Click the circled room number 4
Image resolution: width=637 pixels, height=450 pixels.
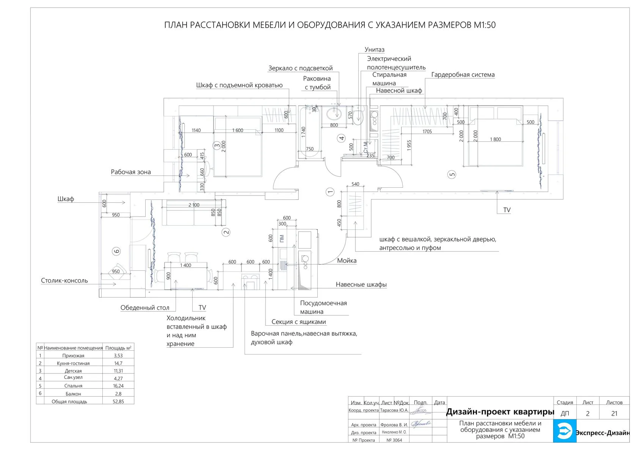[342, 138]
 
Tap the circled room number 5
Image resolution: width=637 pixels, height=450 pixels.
[452, 175]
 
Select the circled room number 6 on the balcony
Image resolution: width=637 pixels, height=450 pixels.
[116, 251]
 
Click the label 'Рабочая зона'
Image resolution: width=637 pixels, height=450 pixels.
[131, 172]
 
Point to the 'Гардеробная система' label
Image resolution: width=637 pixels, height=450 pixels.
[463, 75]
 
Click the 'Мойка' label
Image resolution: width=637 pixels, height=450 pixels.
[347, 261]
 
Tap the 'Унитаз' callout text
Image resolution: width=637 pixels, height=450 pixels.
[374, 50]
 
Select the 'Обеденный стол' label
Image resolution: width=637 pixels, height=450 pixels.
[145, 308]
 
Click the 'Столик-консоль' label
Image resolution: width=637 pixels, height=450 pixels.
[64, 281]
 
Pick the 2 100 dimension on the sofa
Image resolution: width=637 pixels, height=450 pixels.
[194, 205]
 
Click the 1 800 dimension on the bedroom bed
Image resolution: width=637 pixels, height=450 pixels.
[495, 140]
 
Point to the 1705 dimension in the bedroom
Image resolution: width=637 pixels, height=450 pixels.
[427, 132]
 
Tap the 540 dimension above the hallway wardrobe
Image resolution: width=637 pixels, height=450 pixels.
[355, 185]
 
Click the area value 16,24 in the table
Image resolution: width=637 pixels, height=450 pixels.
[118, 386]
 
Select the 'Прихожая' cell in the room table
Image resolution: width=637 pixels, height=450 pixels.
[73, 356]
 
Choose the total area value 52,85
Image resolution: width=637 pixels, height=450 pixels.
[118, 401]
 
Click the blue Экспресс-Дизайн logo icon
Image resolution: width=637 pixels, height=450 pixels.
[564, 431]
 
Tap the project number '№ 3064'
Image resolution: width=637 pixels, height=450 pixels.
[394, 440]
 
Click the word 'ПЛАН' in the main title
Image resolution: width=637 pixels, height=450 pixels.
[176, 25]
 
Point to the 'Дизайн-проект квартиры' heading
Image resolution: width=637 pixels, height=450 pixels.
[500, 412]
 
